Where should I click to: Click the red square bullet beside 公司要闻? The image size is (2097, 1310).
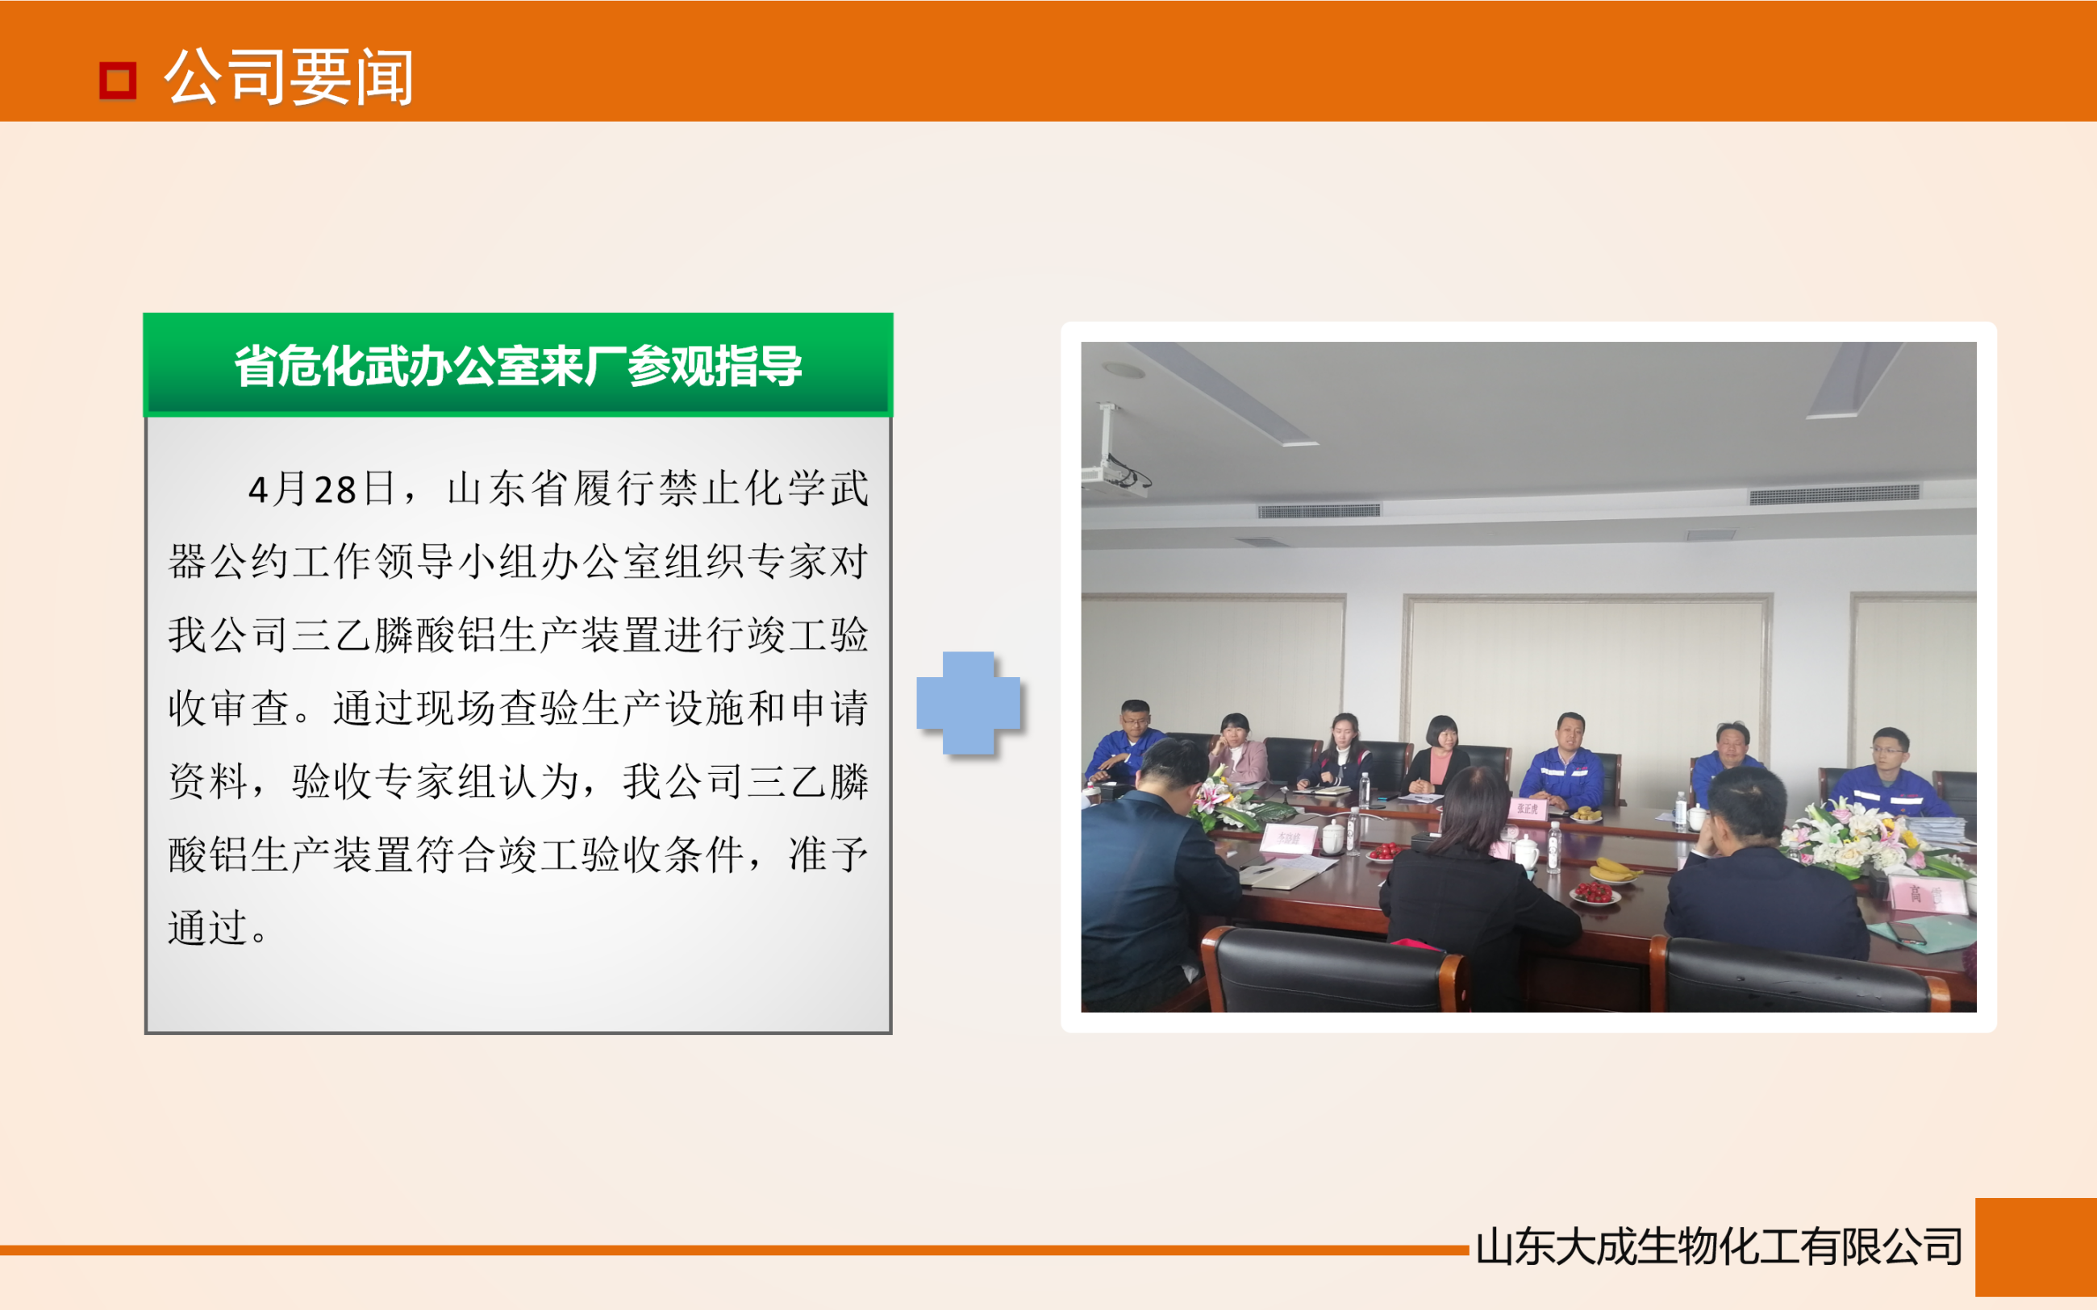(118, 81)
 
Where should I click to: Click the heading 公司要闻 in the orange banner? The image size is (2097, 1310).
(289, 78)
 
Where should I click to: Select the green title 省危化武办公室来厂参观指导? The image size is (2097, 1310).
(518, 366)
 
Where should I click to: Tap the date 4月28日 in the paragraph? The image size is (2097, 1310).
(322, 489)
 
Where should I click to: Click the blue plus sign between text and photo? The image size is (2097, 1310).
(968, 703)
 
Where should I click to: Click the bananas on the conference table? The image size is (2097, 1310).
(1613, 868)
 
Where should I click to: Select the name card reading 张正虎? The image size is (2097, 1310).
(1527, 809)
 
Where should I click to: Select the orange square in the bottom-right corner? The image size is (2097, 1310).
(2036, 1247)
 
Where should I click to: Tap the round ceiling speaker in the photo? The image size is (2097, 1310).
(1124, 371)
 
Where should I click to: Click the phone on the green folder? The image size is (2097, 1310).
(1907, 932)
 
